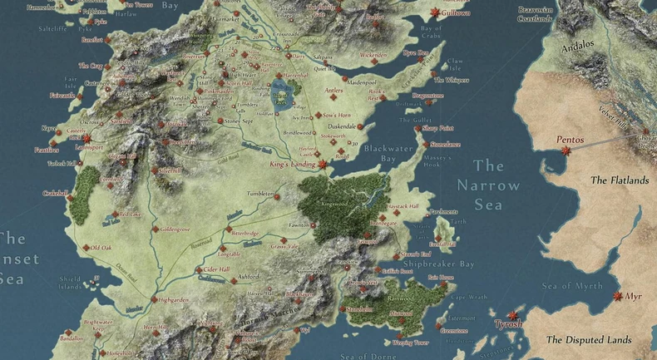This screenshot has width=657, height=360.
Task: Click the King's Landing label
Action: [x=294, y=164]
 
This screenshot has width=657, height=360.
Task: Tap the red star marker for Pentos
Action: [x=566, y=151]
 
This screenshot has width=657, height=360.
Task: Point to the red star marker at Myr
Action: [x=617, y=296]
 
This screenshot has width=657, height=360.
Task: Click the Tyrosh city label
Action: [x=508, y=324]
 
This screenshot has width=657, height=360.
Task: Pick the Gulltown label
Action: [x=454, y=13]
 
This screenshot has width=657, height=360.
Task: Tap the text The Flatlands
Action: [x=619, y=180]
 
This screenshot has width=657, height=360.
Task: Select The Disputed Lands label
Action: [x=589, y=339]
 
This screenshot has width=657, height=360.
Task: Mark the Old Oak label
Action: [x=101, y=248]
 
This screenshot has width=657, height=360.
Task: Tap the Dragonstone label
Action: [x=450, y=96]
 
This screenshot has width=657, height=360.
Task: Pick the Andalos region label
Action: [x=576, y=45]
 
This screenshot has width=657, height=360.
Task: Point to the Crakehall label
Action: [x=55, y=193]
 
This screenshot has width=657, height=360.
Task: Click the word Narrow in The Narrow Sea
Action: [x=487, y=186]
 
